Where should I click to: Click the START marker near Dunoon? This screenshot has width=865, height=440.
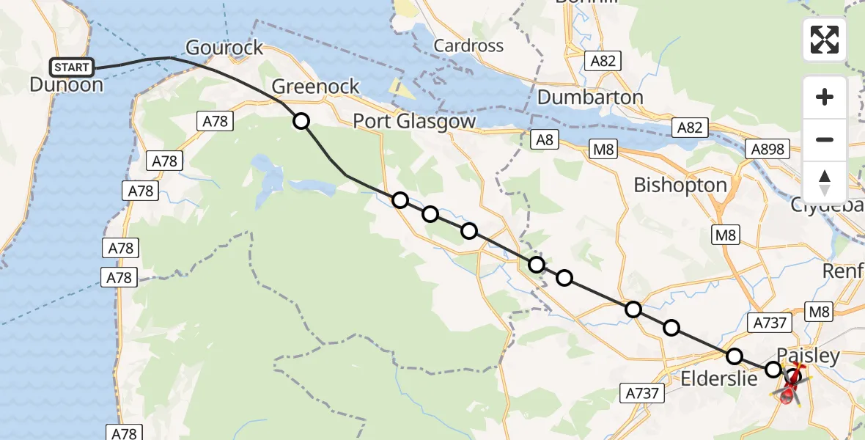72,67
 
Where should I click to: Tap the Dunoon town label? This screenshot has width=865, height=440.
66,84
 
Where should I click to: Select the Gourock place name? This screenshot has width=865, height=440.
224,48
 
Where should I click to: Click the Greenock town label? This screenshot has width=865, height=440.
315,87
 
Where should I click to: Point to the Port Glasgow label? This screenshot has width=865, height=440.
414,121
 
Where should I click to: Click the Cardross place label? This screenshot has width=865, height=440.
468,45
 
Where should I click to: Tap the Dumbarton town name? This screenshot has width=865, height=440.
590,97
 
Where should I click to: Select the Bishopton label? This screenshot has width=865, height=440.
680,185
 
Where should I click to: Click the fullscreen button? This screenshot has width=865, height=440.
825,40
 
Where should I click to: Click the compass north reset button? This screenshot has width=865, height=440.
825,182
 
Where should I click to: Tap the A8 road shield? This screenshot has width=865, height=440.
544,139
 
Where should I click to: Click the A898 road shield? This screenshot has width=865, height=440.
767,150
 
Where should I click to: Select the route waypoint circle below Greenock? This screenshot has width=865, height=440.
301,121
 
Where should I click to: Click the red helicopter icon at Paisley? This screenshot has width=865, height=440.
790,384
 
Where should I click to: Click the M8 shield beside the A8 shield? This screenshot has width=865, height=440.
604,150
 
